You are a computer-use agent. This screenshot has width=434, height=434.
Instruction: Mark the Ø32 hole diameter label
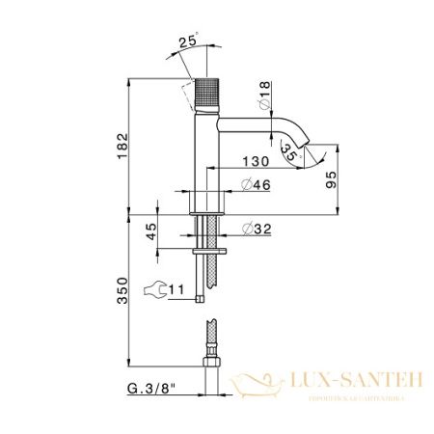pos(255,229)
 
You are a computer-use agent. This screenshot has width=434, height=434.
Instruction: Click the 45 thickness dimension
pos(149,232)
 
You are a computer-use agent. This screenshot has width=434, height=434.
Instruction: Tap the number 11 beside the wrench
pos(176,286)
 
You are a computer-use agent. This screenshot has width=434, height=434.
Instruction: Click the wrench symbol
pos(152,287)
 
